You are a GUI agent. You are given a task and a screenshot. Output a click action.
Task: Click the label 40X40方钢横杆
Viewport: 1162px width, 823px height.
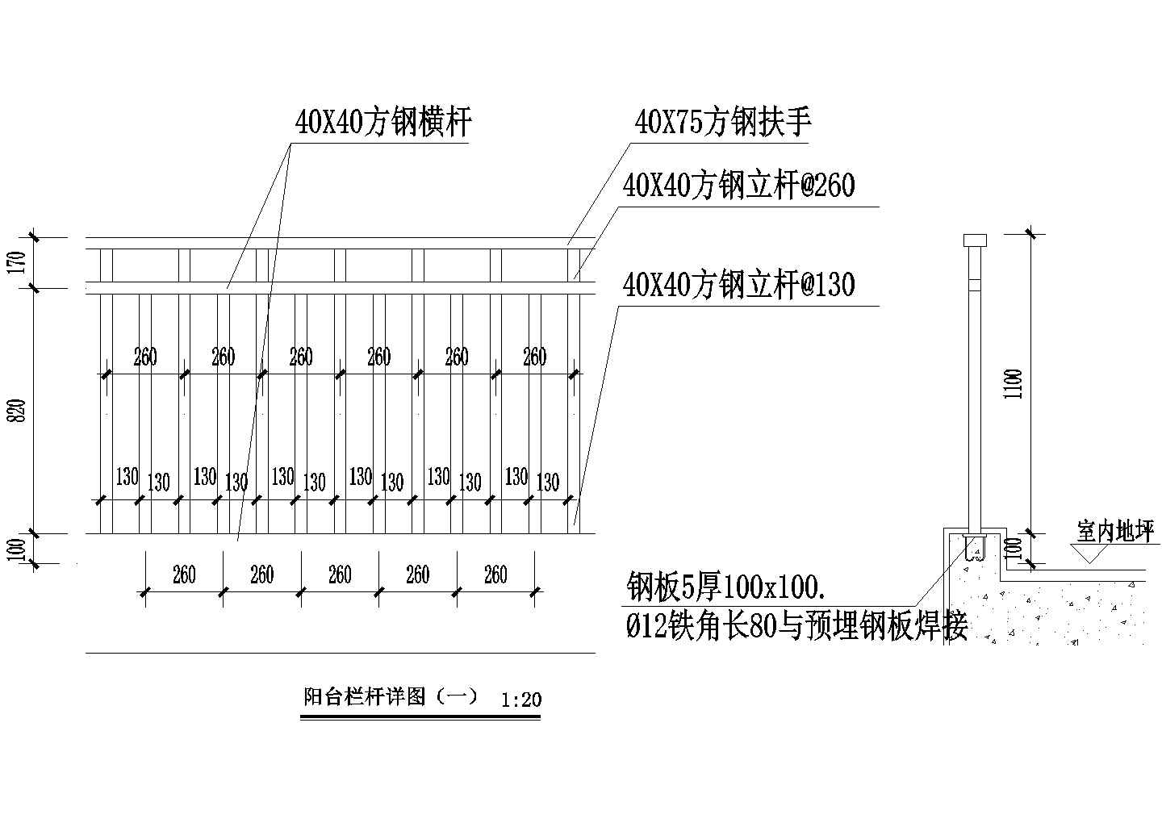(383, 123)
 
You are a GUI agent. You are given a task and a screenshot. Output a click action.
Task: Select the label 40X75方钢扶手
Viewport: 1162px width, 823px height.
(723, 123)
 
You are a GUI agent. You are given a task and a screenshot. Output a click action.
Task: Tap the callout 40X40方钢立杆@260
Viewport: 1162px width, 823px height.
(738, 186)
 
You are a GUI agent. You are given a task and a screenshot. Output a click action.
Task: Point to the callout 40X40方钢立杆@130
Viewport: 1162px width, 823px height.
(738, 285)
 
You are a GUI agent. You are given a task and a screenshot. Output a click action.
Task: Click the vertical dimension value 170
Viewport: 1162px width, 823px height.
(22, 263)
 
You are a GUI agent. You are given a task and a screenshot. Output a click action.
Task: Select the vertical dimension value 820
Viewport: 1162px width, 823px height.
(22, 410)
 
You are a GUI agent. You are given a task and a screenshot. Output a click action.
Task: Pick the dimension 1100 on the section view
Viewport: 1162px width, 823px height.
(1015, 383)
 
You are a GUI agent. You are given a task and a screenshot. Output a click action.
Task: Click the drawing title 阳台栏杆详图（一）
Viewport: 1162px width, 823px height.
(391, 696)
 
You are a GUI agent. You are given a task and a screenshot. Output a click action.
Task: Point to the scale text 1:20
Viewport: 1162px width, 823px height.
(520, 699)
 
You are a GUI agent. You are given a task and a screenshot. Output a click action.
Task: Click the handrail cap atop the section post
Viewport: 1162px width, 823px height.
(975, 240)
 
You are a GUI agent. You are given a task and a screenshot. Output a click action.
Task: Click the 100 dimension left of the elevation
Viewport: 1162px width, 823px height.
(22, 549)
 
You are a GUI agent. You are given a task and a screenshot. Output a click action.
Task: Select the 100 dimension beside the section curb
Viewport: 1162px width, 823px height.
(1015, 549)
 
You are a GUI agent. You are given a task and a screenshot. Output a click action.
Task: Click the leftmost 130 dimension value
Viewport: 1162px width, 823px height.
(127, 476)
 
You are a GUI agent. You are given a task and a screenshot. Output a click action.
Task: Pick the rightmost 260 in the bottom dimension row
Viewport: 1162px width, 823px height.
(495, 574)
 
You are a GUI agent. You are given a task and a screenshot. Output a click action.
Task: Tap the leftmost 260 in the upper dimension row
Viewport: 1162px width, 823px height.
(145, 357)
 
